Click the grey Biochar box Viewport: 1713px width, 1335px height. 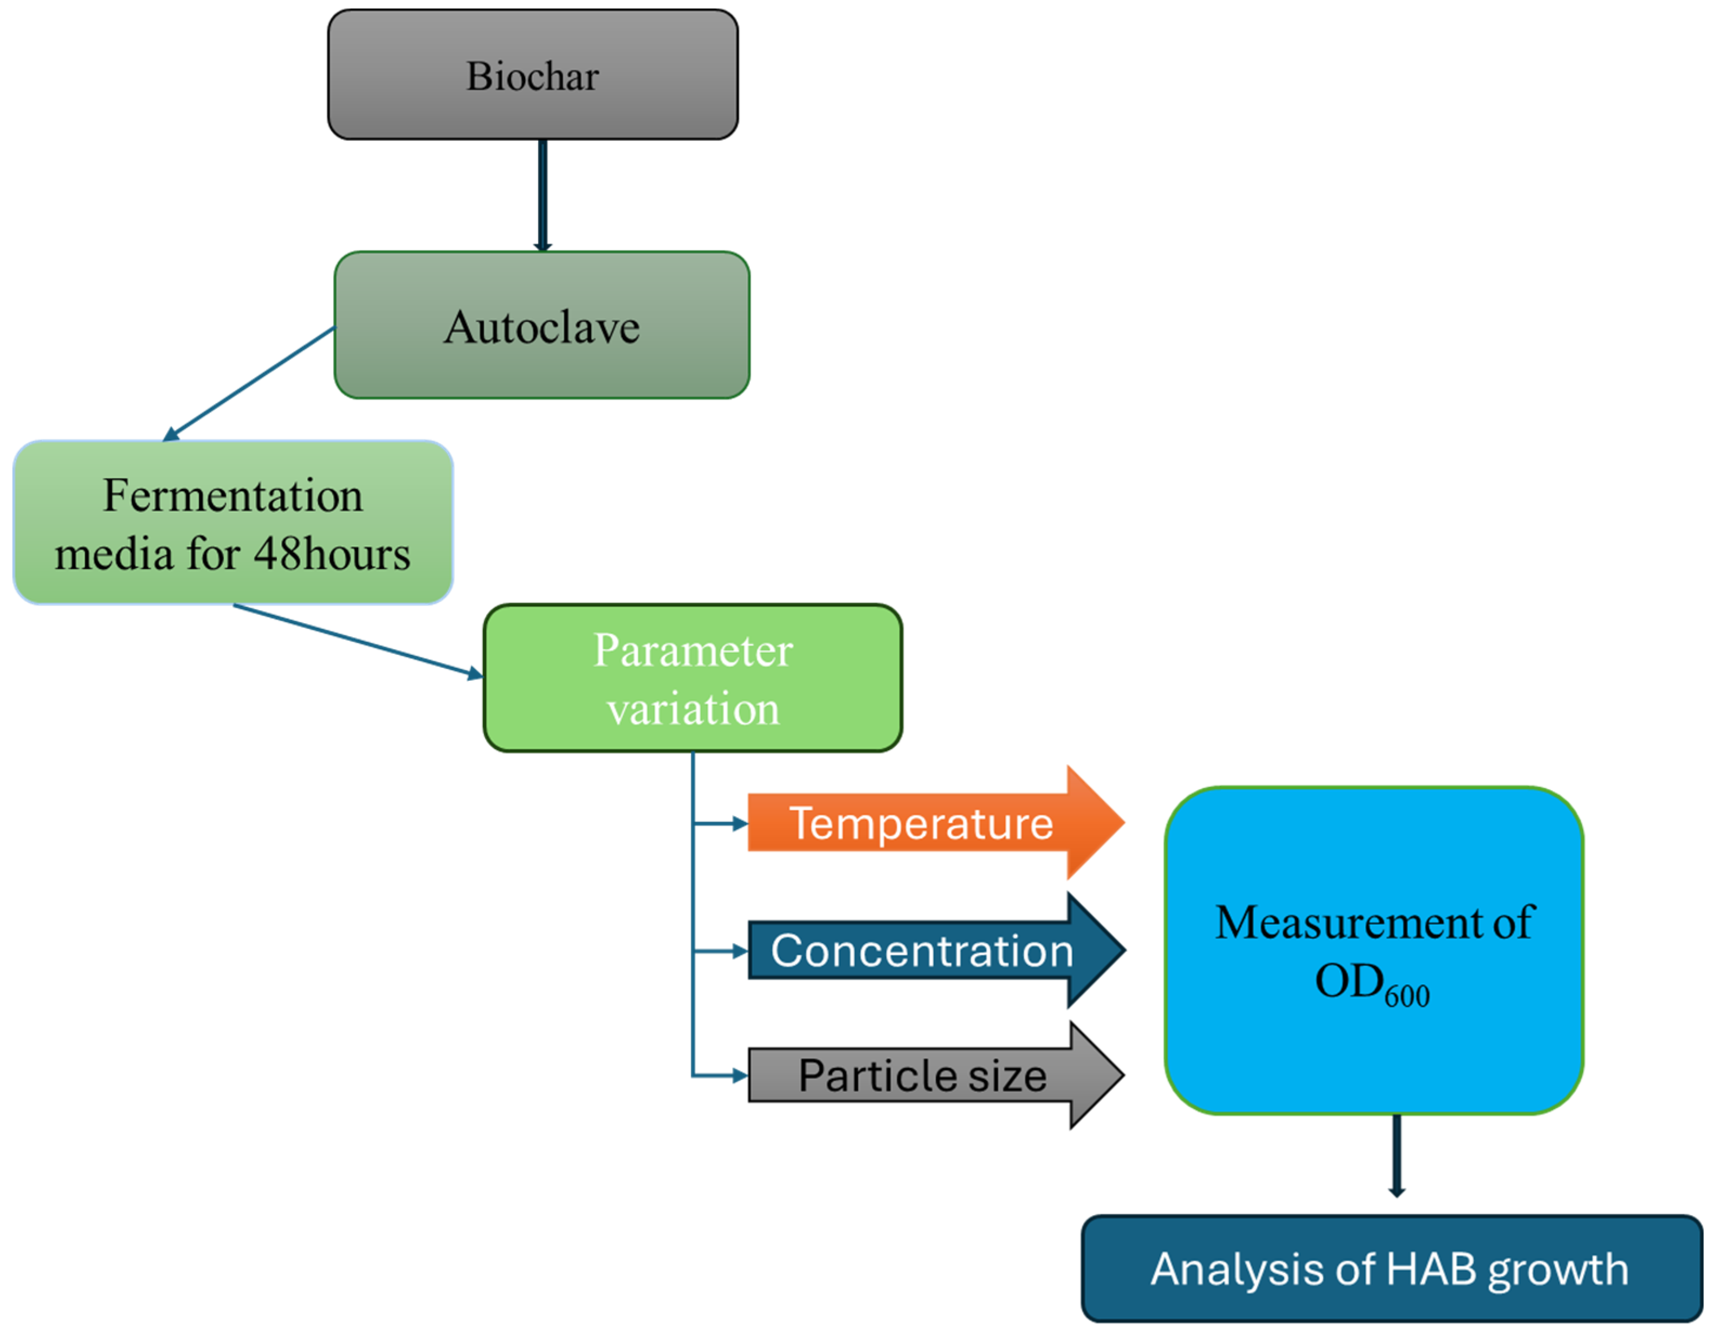pos(533,75)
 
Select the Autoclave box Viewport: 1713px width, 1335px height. pos(541,326)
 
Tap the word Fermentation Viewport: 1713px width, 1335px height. pos(233,496)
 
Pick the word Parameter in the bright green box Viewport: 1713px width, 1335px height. pos(693,650)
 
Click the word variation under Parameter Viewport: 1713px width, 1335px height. pos(693,709)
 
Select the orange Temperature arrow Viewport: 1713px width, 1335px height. pos(922,823)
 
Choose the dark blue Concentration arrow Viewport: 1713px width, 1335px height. pos(922,951)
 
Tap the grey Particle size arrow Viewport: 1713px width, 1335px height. pos(922,1075)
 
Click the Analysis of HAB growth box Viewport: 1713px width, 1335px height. pos(1391,1268)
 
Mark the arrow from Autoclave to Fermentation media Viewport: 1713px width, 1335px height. pos(249,384)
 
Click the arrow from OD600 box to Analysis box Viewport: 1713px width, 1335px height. pos(1396,1155)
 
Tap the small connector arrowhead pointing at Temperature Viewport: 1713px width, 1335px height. pos(739,823)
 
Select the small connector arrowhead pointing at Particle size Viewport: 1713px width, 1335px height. pos(739,1075)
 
